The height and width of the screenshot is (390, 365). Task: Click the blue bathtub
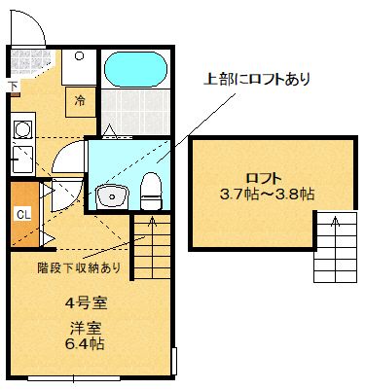[x=136, y=70]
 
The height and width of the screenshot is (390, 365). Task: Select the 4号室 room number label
[x=85, y=301]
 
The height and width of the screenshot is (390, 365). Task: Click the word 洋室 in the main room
[x=85, y=328]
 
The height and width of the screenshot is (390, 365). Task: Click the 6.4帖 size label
[x=85, y=344]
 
